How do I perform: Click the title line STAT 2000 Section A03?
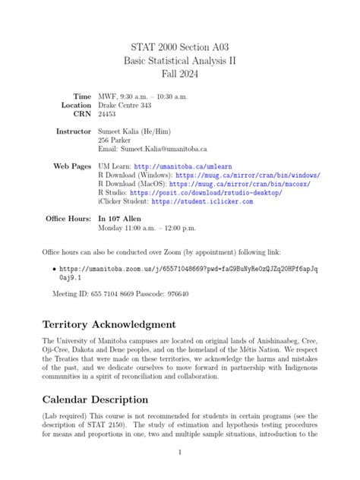pyautogui.click(x=179, y=46)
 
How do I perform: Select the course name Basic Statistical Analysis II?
pyautogui.click(x=179, y=61)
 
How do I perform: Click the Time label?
pyautogui.click(x=81, y=96)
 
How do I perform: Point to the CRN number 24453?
pyautogui.click(x=108, y=114)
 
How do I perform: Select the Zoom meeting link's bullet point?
pyautogui.click(x=52, y=269)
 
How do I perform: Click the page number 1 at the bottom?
pyautogui.click(x=179, y=452)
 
